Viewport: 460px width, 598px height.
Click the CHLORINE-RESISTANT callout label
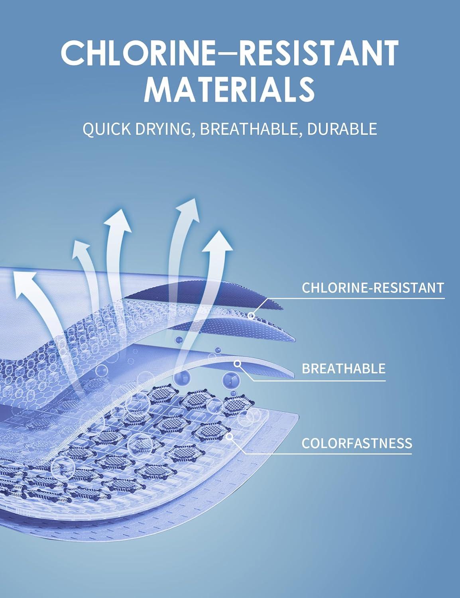[x=373, y=287]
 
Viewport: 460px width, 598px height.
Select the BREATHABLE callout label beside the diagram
[x=344, y=368]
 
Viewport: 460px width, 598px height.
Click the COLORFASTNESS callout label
[x=357, y=443]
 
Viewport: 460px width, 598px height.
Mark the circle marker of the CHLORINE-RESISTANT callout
[x=251, y=315]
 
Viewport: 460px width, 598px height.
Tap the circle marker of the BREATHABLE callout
[x=238, y=364]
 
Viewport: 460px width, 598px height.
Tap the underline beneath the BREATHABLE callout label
[x=319, y=381]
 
